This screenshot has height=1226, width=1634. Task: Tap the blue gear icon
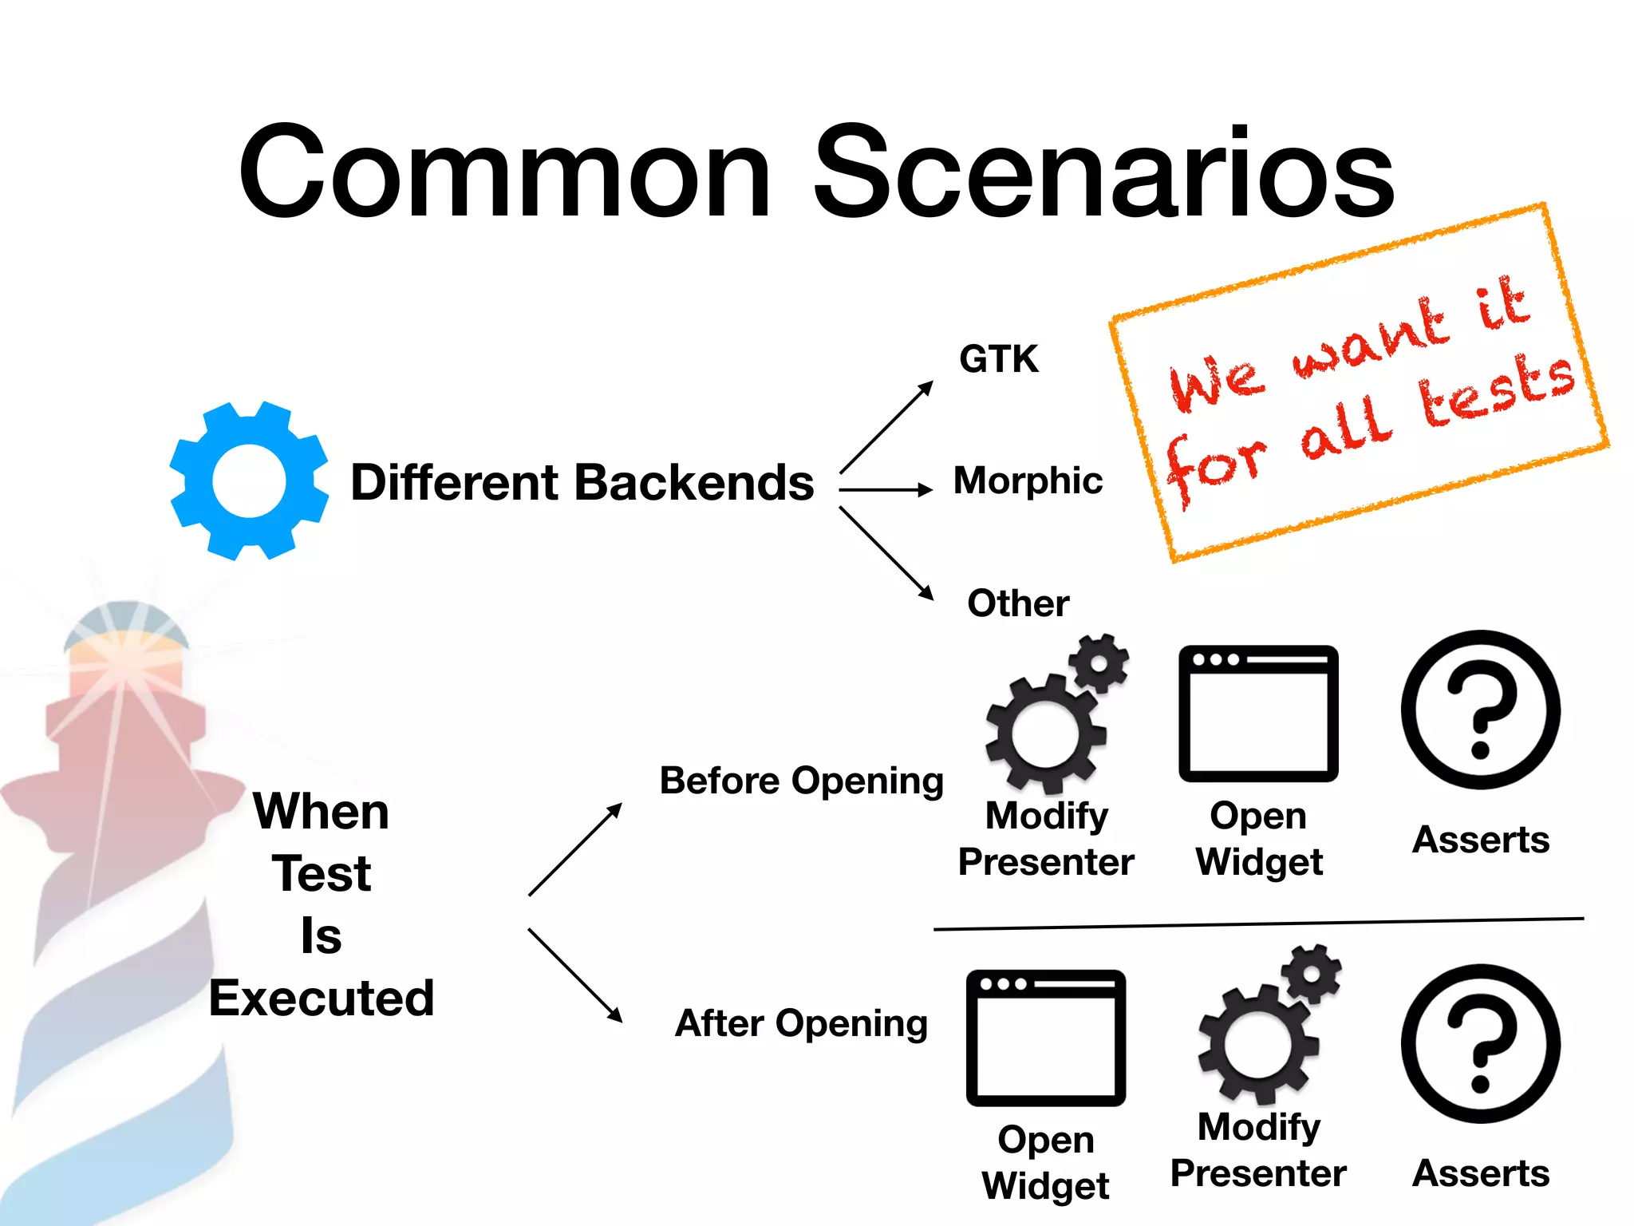pos(249,481)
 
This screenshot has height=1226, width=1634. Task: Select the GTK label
pos(998,359)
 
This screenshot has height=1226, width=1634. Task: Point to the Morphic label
pos(1028,481)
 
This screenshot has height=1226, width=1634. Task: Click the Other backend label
pos(1017,603)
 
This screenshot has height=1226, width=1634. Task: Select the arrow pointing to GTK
pos(886,427)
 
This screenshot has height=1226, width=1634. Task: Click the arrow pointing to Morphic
pos(886,489)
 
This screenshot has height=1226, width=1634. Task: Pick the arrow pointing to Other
pos(886,552)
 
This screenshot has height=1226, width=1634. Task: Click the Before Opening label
pos(801,781)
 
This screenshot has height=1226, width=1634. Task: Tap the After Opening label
pos(801,1023)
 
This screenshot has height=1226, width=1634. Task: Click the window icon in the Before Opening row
pos(1258,714)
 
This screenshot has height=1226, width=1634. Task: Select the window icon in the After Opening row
pos(1045,1038)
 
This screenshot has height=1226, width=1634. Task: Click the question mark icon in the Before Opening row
pos(1480,710)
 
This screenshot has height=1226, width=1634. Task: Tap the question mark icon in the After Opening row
pos(1480,1043)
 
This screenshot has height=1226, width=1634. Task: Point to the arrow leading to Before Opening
pos(574,850)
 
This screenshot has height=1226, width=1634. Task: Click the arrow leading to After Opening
pos(574,975)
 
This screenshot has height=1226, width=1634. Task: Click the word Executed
pos(322,998)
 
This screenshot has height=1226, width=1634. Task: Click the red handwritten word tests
pos(1496,391)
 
